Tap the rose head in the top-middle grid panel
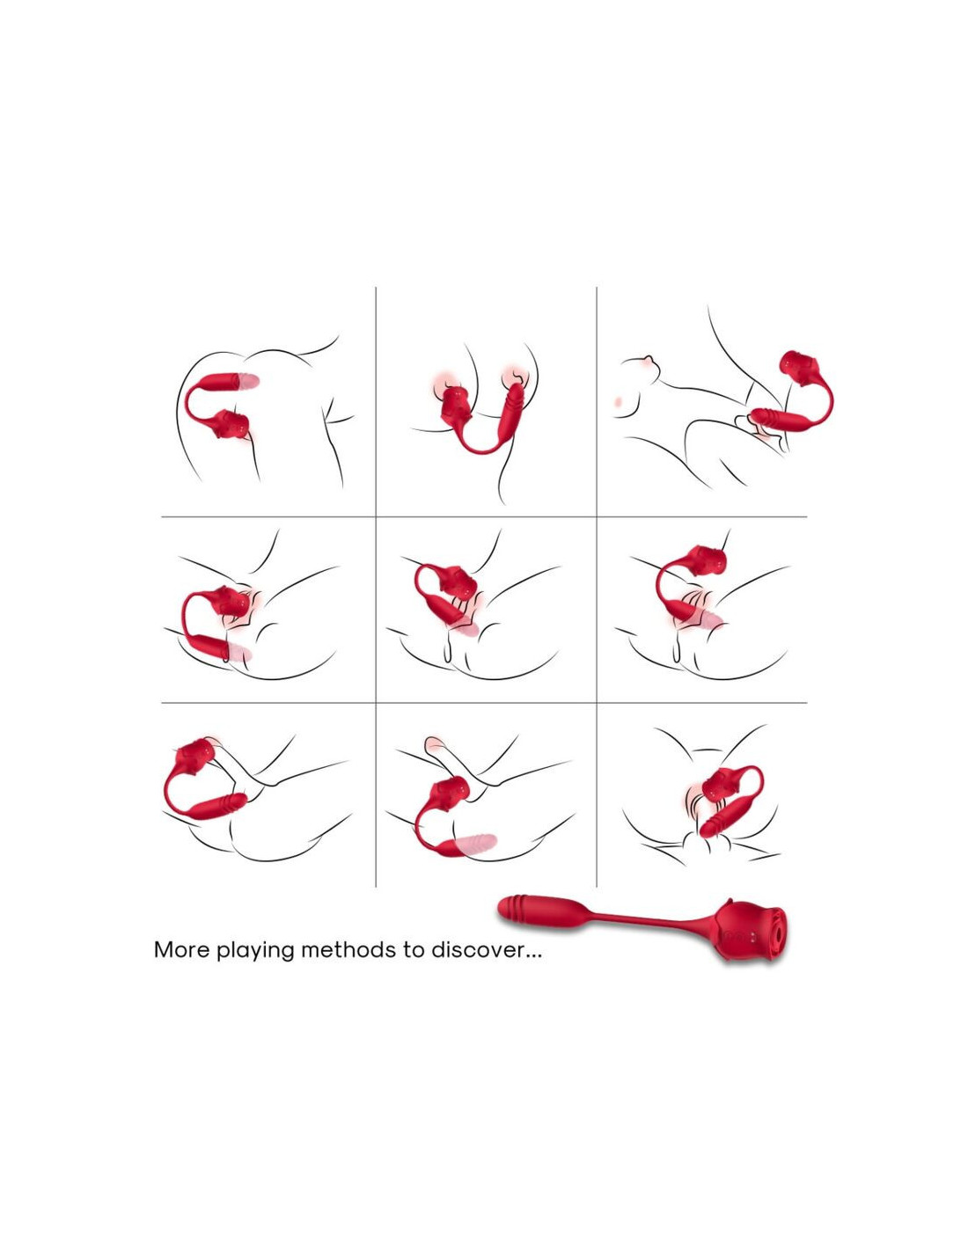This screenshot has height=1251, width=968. tap(456, 404)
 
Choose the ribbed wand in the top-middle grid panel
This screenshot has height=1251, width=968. tap(511, 415)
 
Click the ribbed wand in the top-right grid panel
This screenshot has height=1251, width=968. tap(774, 418)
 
